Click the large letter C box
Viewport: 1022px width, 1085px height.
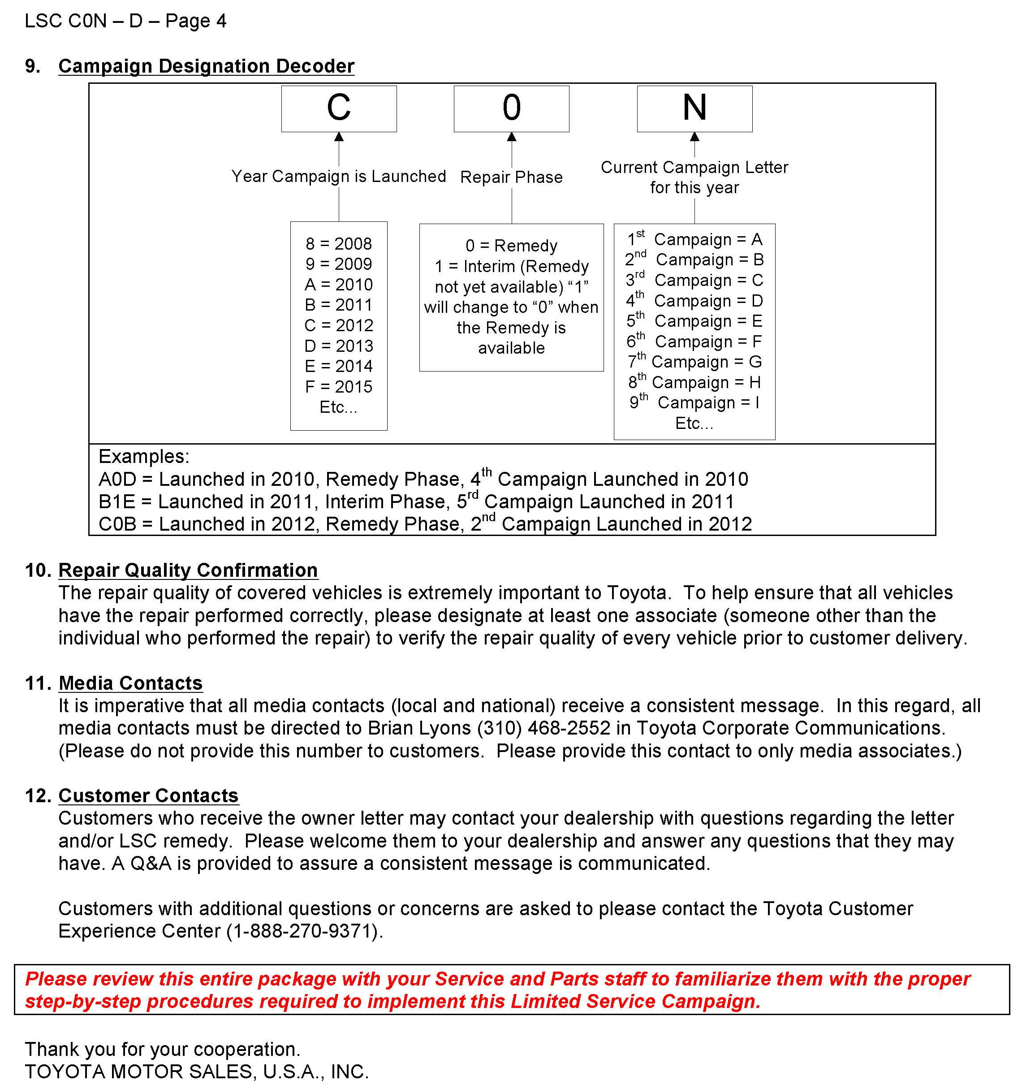point(339,108)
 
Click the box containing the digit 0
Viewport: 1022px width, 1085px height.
point(511,108)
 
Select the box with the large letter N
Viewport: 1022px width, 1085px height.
point(694,108)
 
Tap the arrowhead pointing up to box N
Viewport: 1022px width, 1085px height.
point(694,136)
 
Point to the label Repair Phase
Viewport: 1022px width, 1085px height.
point(511,177)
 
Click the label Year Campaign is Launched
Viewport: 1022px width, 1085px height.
point(338,176)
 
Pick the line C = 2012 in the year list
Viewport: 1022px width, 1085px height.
point(338,325)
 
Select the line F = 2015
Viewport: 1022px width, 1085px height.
point(338,387)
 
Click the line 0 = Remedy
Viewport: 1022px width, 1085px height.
point(511,246)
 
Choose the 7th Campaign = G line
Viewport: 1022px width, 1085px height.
point(694,362)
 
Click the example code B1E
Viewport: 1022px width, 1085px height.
point(117,501)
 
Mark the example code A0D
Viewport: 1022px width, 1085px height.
point(117,479)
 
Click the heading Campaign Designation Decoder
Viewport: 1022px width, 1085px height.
point(206,66)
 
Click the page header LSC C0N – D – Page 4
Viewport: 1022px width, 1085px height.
point(125,21)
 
